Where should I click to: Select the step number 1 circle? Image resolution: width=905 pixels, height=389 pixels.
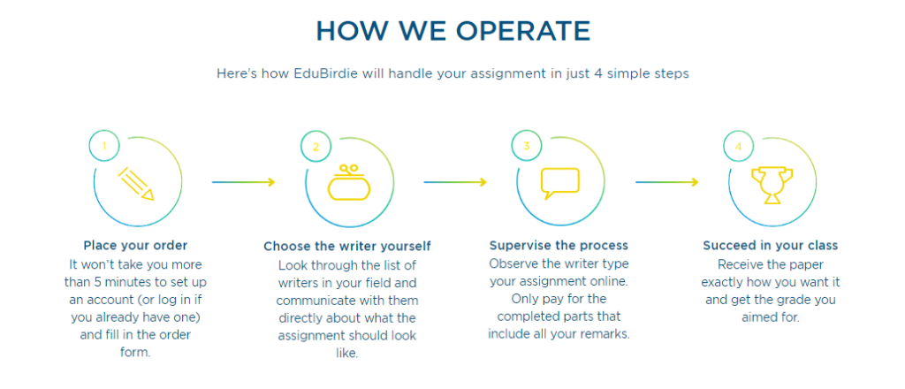[104, 146]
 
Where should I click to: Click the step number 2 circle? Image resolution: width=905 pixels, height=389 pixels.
[316, 146]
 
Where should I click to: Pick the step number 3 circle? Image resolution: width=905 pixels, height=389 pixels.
[527, 146]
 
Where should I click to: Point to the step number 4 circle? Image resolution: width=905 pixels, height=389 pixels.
[739, 146]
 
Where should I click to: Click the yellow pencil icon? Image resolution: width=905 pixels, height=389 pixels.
[136, 184]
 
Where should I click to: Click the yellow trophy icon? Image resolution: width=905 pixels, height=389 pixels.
[772, 186]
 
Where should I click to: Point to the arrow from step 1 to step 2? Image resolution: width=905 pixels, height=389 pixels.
[244, 182]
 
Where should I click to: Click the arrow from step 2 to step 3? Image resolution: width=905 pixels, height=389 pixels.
[455, 182]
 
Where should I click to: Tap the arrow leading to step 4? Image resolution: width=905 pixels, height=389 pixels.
[667, 182]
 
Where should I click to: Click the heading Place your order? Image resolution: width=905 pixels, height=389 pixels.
[135, 245]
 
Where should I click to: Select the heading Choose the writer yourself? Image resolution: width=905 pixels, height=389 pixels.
[347, 247]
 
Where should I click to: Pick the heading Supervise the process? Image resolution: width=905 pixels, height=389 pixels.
[559, 245]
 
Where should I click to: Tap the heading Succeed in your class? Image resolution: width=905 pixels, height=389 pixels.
[771, 245]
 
